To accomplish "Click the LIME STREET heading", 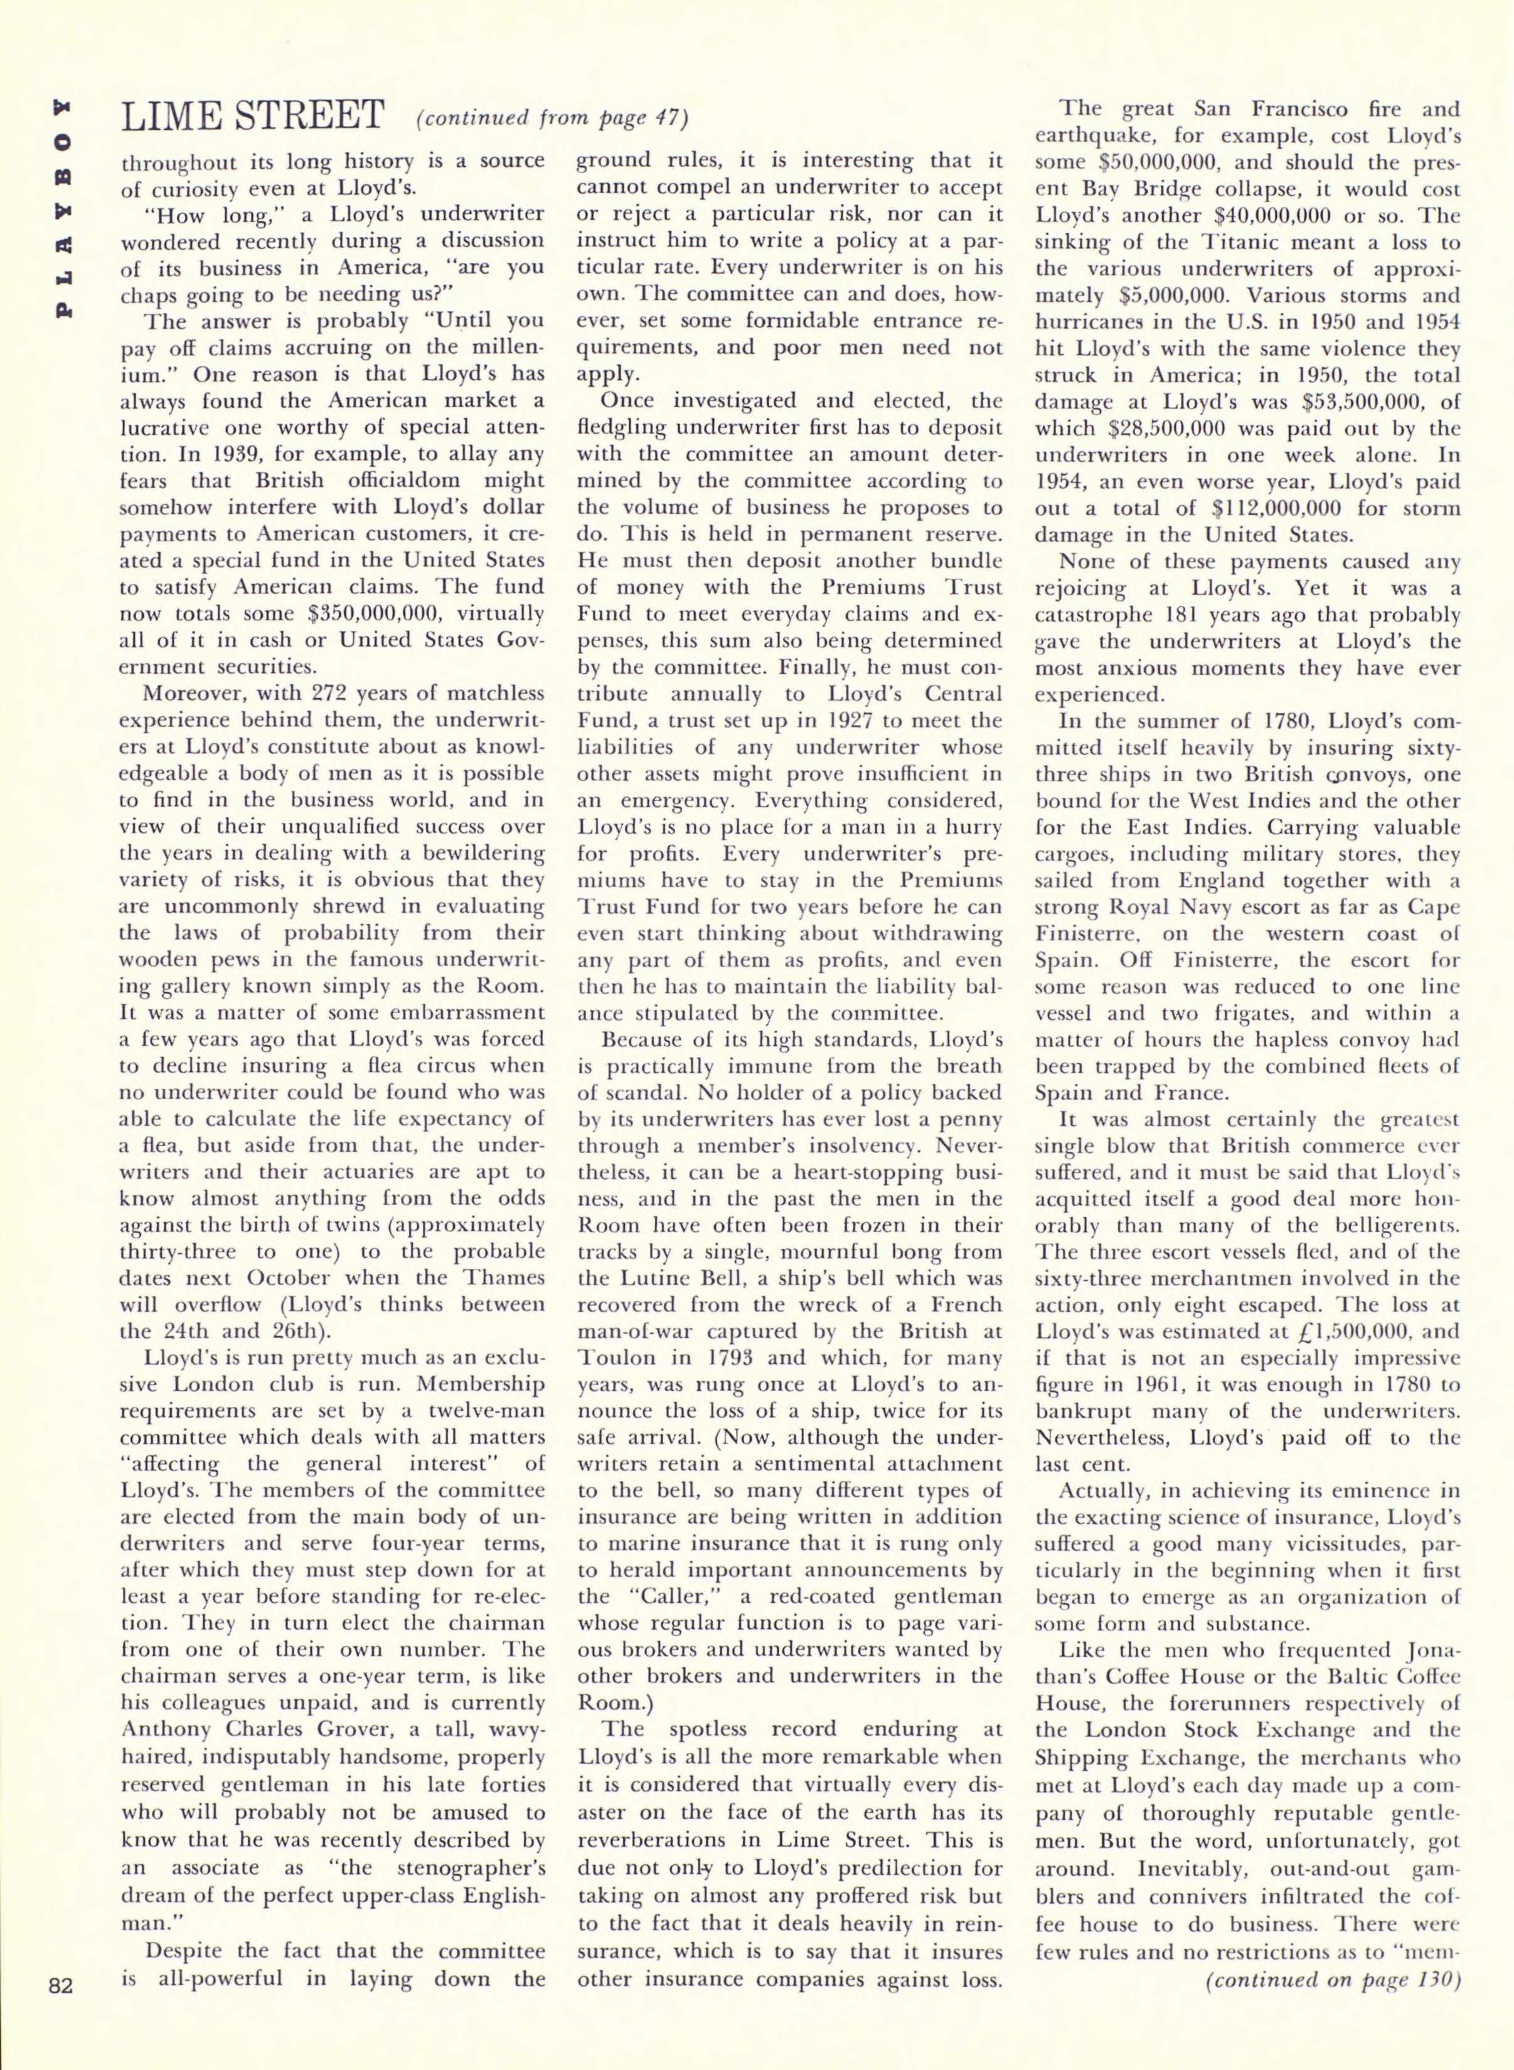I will coord(252,118).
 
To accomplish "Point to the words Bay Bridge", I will coord(1133,189).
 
